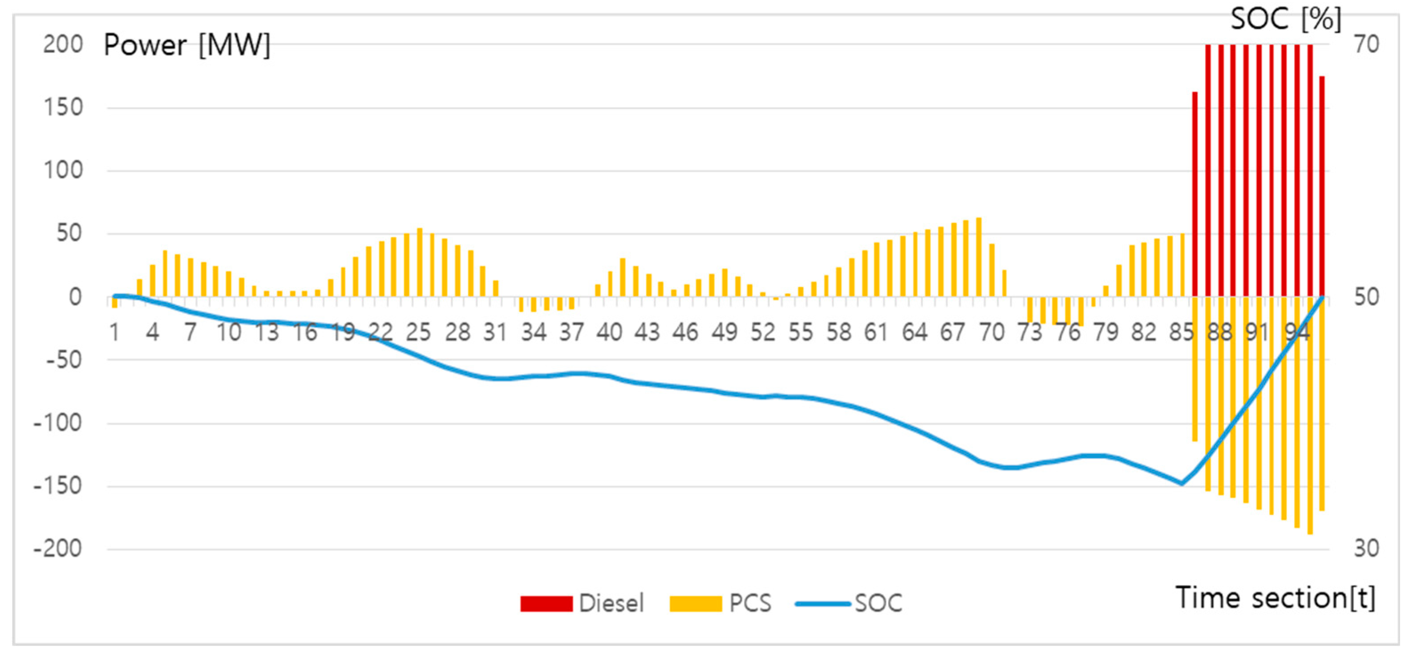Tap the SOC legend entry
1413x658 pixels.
click(x=849, y=604)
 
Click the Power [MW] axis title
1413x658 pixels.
click(x=186, y=45)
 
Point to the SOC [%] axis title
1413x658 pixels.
click(x=1286, y=20)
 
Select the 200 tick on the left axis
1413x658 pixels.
click(x=63, y=44)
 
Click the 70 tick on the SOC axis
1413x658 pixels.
click(x=1366, y=44)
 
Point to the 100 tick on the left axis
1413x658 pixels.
click(x=63, y=170)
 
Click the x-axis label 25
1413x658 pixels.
click(x=418, y=332)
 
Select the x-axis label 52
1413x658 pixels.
click(x=762, y=332)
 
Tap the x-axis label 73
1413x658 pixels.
click(x=1029, y=332)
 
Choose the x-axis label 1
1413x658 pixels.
click(x=114, y=332)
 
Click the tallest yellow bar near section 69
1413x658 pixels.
click(x=979, y=258)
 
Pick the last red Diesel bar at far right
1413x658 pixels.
click(x=1322, y=186)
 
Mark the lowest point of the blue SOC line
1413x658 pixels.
click(x=1182, y=484)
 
